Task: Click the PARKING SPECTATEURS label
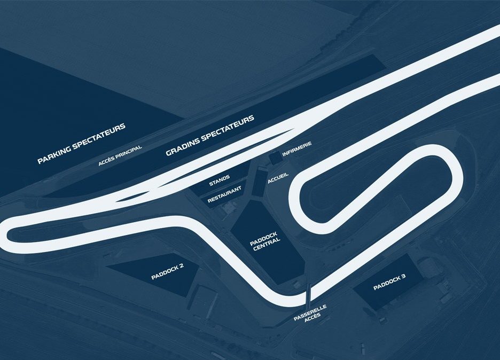click(x=81, y=144)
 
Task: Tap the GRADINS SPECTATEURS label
click(x=210, y=136)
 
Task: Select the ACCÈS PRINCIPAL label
click(x=120, y=155)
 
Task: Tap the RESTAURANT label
click(x=225, y=194)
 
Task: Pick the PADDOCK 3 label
click(x=389, y=283)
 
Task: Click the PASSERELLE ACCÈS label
click(x=310, y=314)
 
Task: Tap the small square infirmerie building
click(x=275, y=158)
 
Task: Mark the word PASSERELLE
click(x=309, y=310)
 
